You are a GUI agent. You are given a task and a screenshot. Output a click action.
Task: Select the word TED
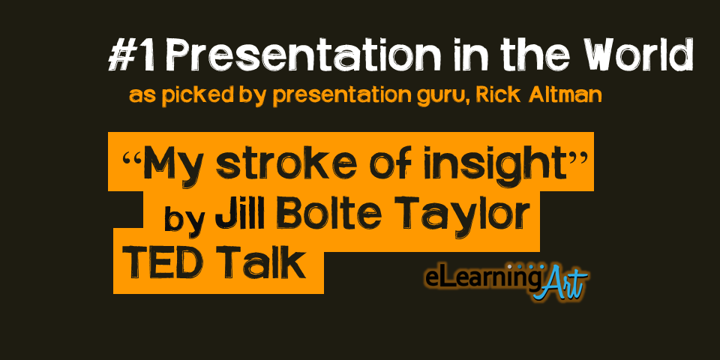[x=163, y=262]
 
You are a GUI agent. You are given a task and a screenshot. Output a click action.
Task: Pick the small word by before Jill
[x=184, y=220]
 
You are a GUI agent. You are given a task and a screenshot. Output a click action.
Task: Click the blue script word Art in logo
[x=560, y=283]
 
